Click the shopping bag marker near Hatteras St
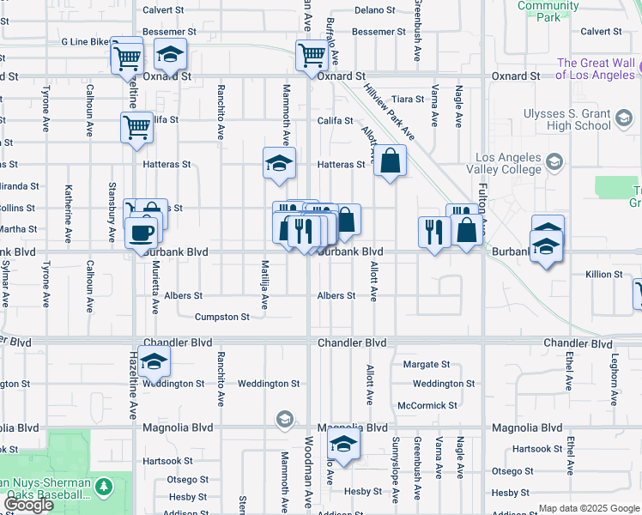point(390,161)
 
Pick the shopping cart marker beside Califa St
point(136,129)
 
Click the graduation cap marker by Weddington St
point(154,362)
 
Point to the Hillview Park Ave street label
point(390,112)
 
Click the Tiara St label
point(408,99)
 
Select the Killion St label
point(604,275)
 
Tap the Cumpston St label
point(222,317)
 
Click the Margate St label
point(426,365)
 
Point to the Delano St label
point(374,10)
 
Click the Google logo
point(29,504)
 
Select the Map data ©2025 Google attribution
point(589,508)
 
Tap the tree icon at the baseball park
point(104,488)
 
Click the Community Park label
point(548,11)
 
